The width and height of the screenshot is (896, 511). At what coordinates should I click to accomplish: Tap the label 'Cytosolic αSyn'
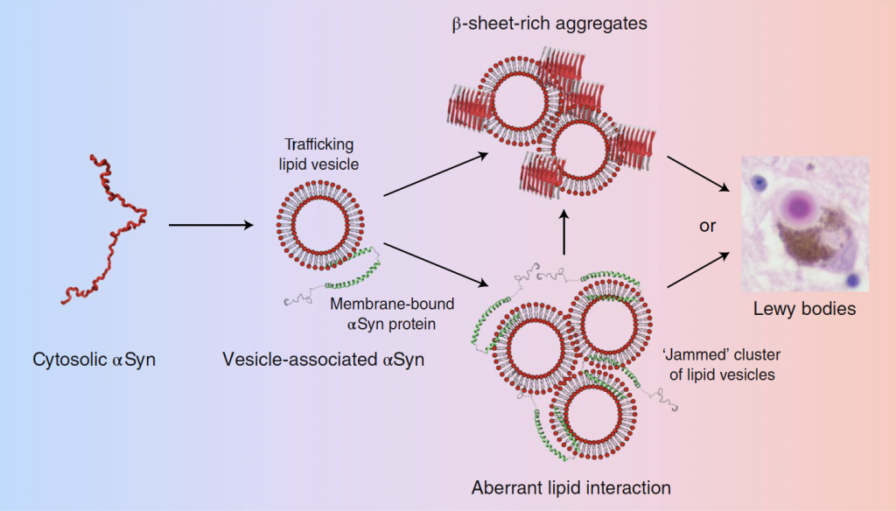point(94,358)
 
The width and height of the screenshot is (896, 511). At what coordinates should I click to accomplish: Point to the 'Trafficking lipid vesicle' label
point(320,153)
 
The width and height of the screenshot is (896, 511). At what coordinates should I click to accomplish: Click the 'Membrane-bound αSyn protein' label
point(391,313)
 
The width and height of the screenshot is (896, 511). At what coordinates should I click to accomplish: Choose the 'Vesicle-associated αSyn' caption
point(323,358)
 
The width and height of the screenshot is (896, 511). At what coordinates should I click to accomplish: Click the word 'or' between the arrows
point(707,226)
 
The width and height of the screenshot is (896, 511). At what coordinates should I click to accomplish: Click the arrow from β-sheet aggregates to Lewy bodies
point(698,175)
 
